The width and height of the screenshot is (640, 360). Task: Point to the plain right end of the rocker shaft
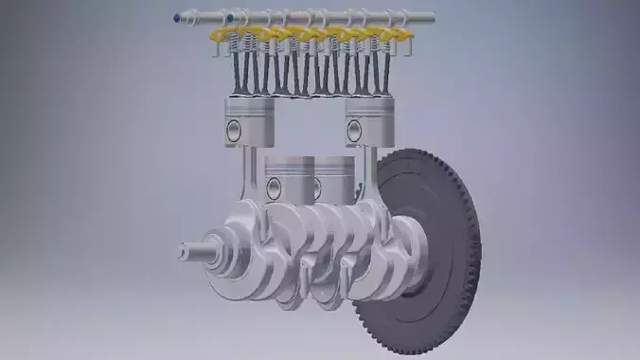pyautogui.click(x=428, y=17)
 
